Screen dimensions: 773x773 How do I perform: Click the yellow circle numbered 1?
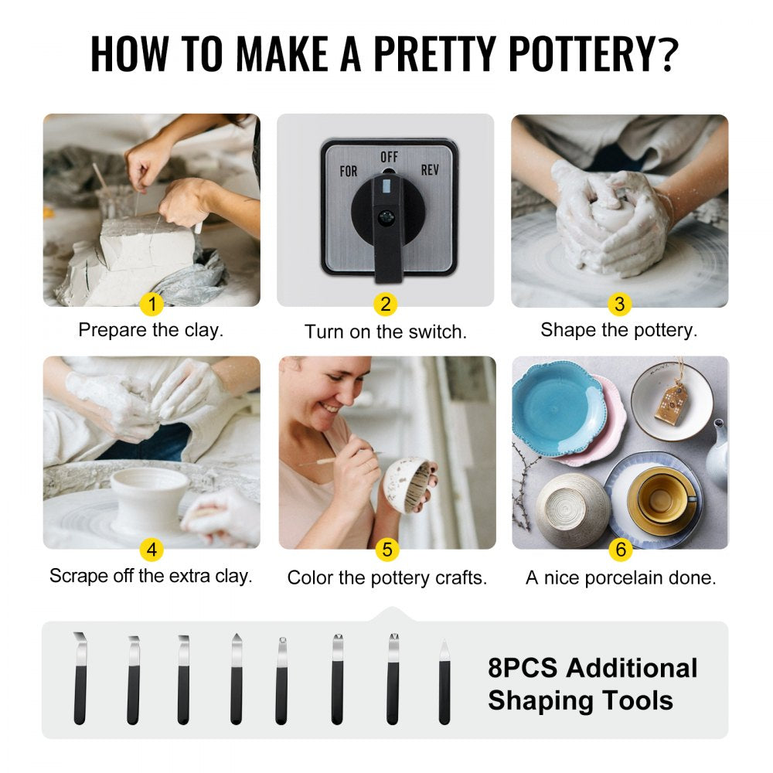pyautogui.click(x=152, y=305)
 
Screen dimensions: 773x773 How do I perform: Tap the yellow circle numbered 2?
pyautogui.click(x=386, y=305)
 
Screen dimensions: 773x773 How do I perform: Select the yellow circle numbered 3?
pyautogui.click(x=618, y=305)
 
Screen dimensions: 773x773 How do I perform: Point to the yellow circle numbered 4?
pyautogui.click(x=152, y=550)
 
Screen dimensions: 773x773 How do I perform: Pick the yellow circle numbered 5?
pyautogui.click(x=386, y=550)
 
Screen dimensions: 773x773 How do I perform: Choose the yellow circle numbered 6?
pyautogui.click(x=620, y=550)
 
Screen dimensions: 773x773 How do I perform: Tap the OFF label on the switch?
pyautogui.click(x=389, y=157)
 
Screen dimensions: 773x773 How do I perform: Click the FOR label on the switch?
pyautogui.click(x=349, y=171)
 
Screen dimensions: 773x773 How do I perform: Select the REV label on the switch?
pyautogui.click(x=430, y=169)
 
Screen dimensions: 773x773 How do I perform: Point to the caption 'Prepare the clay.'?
pyautogui.click(x=151, y=330)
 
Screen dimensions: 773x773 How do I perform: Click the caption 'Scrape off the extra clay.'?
pyautogui.click(x=151, y=576)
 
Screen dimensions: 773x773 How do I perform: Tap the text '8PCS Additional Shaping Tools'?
pyautogui.click(x=592, y=684)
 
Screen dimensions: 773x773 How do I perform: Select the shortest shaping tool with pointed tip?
pyautogui.click(x=444, y=683)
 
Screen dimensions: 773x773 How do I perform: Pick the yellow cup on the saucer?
pyautogui.click(x=658, y=498)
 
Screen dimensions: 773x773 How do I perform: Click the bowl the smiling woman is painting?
pyautogui.click(x=407, y=485)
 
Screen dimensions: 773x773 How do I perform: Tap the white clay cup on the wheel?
pyautogui.click(x=148, y=499)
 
